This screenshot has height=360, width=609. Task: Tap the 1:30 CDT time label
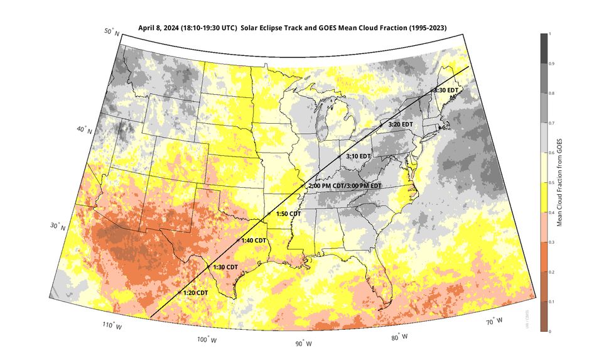[x=225, y=267]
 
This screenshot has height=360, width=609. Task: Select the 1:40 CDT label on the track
[x=254, y=241]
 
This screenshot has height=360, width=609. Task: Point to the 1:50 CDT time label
[x=288, y=214]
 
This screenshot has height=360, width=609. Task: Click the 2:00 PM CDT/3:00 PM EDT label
[x=345, y=186]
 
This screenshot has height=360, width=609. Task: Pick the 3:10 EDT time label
[x=358, y=156]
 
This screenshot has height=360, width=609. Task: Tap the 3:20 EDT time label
[x=401, y=124]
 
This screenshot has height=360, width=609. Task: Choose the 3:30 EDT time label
[x=446, y=91]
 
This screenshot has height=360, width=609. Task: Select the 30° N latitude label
[x=58, y=226]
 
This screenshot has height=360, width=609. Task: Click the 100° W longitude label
[x=207, y=339]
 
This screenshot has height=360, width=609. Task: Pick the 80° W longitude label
[x=399, y=337]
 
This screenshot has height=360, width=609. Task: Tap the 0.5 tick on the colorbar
[x=550, y=182]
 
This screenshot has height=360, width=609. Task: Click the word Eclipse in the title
[x=276, y=28]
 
